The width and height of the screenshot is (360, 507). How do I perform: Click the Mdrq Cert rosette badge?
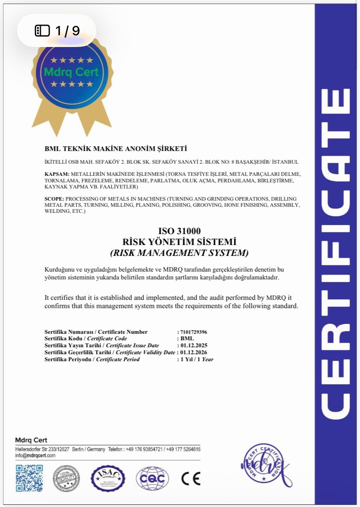[72, 76]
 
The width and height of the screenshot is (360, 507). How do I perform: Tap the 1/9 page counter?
[57, 30]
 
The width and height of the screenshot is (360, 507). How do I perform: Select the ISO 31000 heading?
[179, 231]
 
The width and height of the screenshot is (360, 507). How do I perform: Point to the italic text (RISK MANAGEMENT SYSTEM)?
[179, 252]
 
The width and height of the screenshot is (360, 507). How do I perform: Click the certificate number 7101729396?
[194, 332]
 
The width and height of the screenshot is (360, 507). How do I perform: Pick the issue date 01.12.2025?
[194, 346]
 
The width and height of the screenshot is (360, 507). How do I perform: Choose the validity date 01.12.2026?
[194, 353]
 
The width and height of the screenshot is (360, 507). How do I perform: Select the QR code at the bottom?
[30, 478]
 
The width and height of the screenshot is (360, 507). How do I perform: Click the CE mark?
[191, 479]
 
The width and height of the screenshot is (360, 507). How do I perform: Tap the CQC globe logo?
[152, 479]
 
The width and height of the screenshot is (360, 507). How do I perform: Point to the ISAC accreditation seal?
[108, 478]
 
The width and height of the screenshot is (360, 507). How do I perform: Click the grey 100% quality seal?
[66, 478]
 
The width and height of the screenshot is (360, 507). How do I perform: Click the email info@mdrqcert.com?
[35, 455]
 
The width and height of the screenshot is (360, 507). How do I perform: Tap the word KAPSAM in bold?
[56, 174]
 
